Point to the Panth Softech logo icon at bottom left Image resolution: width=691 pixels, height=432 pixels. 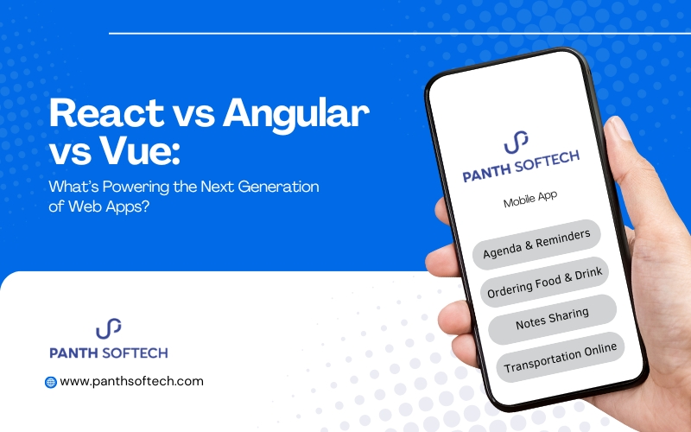(108, 329)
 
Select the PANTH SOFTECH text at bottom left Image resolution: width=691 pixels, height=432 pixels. (108, 353)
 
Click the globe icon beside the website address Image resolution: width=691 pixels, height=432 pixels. (50, 381)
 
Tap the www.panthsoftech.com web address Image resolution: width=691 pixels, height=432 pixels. (132, 381)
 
